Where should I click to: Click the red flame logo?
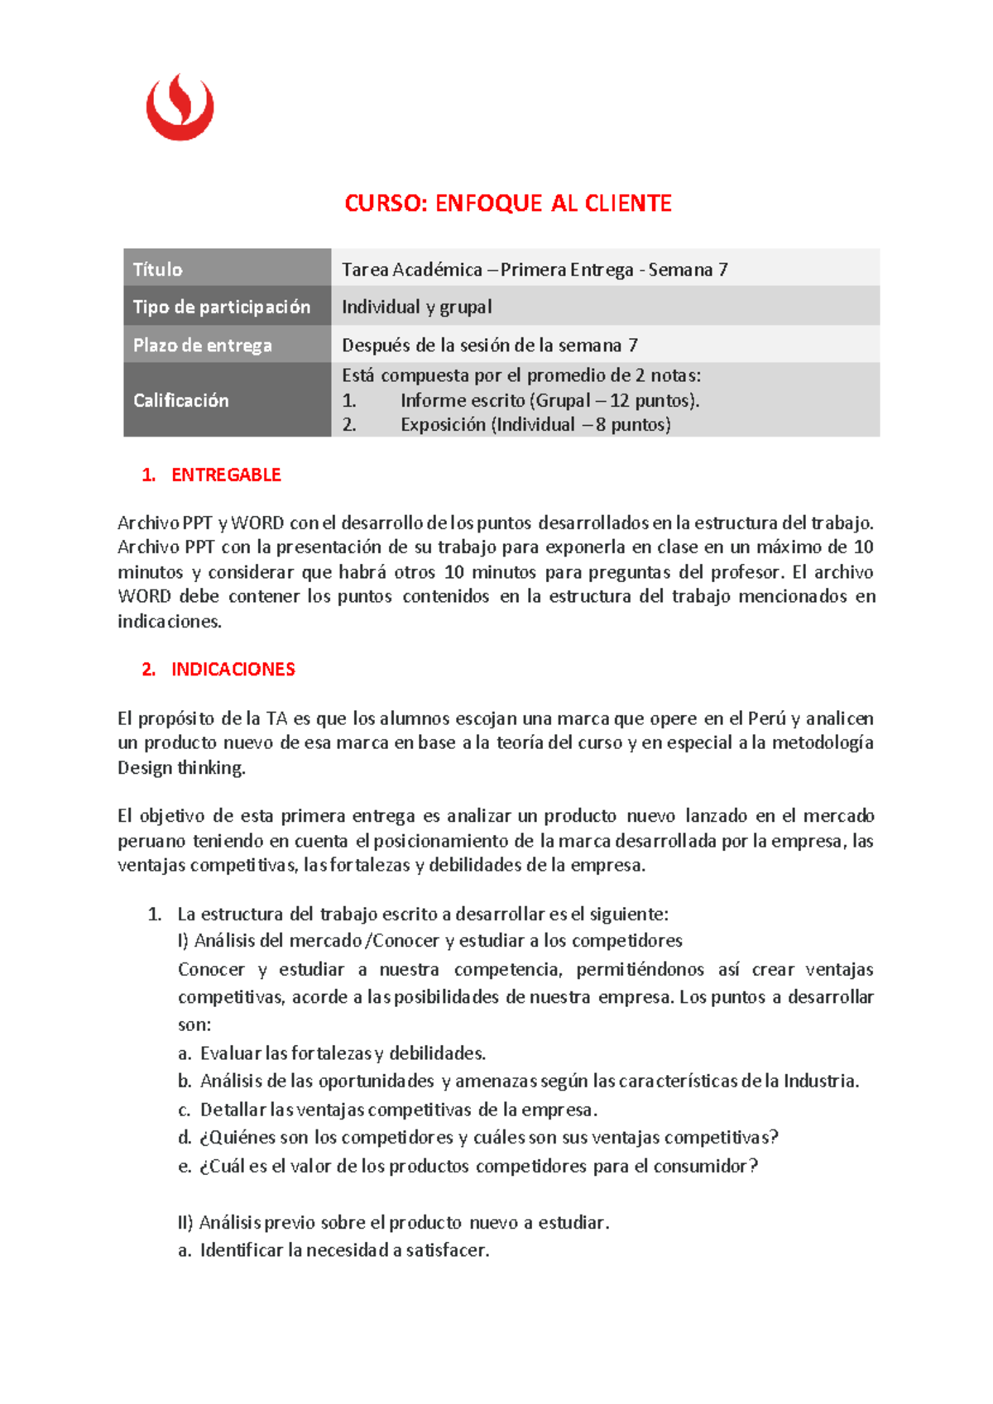coord(180,107)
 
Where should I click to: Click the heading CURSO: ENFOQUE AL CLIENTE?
coord(507,203)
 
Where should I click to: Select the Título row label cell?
coord(227,269)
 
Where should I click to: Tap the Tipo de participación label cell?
coord(227,307)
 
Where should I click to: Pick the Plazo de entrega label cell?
coord(227,345)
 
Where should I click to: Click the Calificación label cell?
coord(227,400)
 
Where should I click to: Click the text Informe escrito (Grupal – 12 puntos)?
coord(549,401)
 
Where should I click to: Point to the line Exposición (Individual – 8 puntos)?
coord(535,425)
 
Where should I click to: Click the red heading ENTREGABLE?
coord(225,475)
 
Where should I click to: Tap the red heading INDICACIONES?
coord(233,670)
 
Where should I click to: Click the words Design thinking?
coord(181,767)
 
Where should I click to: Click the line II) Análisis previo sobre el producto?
coord(393,1222)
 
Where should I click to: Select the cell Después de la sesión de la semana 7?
coord(489,345)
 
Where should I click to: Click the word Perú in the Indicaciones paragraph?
coord(765,719)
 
